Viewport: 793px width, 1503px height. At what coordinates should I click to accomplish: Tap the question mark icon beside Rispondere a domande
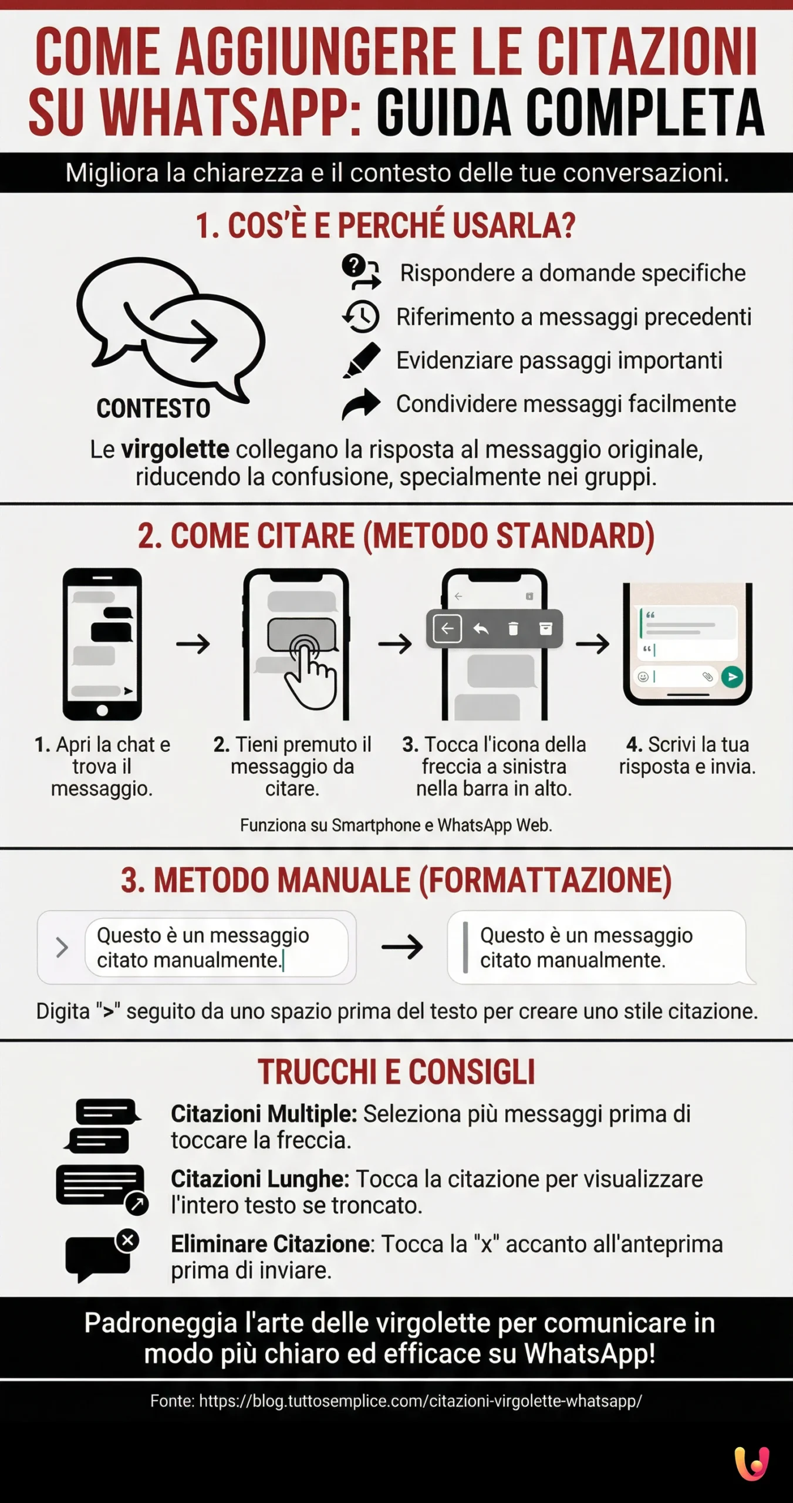pos(353,266)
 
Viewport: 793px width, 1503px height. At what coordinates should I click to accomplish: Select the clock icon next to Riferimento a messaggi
pos(362,316)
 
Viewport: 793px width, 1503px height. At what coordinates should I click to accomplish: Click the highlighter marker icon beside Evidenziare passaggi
pos(362,360)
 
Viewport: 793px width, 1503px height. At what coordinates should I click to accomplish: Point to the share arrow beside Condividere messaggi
pos(362,404)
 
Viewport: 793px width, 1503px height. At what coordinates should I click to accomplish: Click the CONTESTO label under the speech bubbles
pos(153,409)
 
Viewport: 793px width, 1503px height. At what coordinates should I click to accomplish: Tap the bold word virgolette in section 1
pos(175,450)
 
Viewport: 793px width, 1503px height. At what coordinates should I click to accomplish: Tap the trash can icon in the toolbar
pos(513,629)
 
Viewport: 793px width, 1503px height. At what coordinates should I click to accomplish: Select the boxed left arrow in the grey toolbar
pos(447,629)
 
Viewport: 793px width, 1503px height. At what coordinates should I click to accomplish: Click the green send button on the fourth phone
pos(732,676)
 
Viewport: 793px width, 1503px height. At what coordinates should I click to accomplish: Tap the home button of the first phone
pos(102,710)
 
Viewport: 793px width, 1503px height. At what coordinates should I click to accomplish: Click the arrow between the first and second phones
pos(193,644)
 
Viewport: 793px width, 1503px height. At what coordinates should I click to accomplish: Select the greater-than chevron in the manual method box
pos(62,948)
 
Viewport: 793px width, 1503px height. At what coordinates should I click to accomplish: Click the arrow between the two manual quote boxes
pos(402,947)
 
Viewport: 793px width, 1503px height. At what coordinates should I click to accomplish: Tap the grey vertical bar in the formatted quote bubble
pos(465,947)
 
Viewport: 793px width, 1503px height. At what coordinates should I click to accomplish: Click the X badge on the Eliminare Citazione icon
pos(127,1241)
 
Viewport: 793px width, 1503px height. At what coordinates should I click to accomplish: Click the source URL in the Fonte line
pos(420,1401)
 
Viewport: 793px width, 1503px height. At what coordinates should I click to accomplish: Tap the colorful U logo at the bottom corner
pos(752,1464)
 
